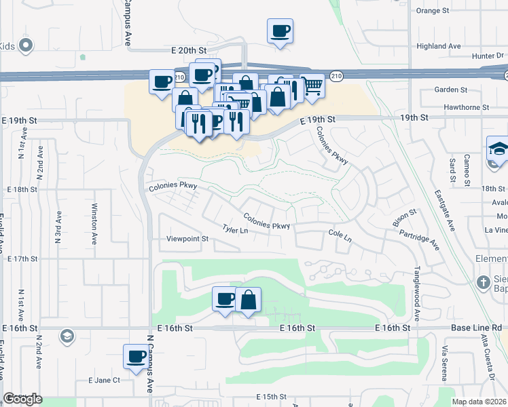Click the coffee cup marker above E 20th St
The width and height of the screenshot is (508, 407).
[x=280, y=31]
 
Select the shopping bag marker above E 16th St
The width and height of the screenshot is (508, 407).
[x=249, y=299]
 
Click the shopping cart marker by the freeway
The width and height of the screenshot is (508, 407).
[x=312, y=86]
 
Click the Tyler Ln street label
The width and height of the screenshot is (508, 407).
[x=235, y=230]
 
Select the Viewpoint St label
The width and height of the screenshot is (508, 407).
[x=187, y=239]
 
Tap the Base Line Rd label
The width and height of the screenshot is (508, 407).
[x=476, y=328]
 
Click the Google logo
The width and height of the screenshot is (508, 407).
[x=22, y=399]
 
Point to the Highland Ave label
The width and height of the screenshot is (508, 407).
[x=439, y=46]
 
